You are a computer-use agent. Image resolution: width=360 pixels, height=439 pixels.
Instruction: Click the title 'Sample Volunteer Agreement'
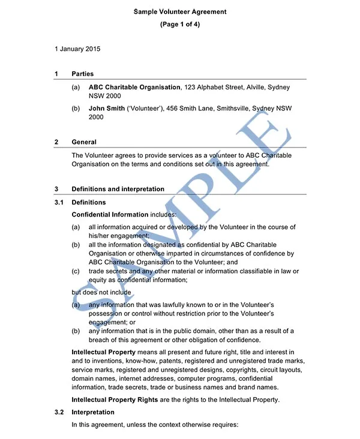tap(180, 11)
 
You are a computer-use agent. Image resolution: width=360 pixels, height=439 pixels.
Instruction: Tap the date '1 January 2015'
tap(77, 49)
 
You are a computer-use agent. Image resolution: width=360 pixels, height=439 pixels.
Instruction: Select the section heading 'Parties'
tap(83, 74)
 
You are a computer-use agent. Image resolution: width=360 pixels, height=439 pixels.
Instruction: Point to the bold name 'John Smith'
tap(106, 109)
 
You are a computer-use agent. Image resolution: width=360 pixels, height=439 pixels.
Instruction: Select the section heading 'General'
tap(84, 142)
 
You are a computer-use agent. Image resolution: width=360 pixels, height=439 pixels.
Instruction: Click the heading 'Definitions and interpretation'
tap(118, 189)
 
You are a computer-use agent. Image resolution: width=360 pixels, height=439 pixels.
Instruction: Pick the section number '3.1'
tap(59, 202)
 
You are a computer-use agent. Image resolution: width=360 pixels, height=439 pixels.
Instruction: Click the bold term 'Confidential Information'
tap(110, 214)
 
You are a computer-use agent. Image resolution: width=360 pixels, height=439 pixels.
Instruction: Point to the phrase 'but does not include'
tap(101, 293)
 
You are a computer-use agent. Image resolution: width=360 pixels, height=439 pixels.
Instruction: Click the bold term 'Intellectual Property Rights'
tap(115, 400)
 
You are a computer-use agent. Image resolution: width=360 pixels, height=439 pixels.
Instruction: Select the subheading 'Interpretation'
tap(93, 413)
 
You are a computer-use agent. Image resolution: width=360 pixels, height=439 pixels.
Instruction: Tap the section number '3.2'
tap(59, 413)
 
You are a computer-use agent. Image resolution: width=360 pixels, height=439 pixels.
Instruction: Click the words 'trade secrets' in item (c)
tap(108, 271)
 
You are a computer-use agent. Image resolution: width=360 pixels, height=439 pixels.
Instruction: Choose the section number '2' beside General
tap(56, 142)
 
